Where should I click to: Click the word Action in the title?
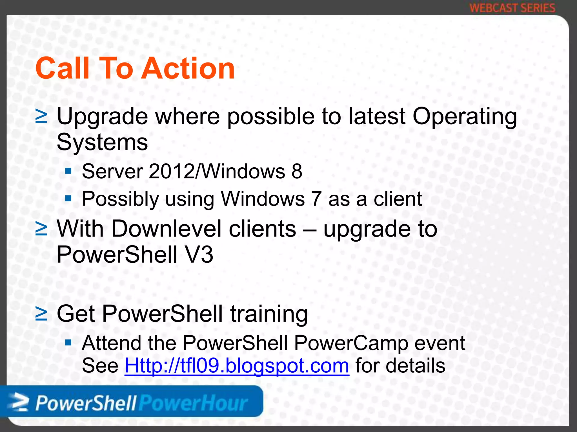pyautogui.click(x=188, y=68)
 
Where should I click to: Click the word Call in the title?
pyautogui.click(x=63, y=68)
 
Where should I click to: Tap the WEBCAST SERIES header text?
pyautogui.click(x=512, y=8)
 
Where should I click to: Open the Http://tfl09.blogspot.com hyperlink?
pyautogui.click(x=237, y=366)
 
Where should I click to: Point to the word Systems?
pyautogui.click(x=102, y=142)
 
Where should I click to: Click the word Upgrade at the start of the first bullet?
pyautogui.click(x=102, y=117)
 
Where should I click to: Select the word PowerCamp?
pyautogui.click(x=351, y=343)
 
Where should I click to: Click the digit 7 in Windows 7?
pyautogui.click(x=316, y=199)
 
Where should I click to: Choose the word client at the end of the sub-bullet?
pyautogui.click(x=398, y=199)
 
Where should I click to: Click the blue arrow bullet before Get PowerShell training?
pyautogui.click(x=41, y=314)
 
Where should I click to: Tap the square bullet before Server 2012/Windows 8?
pyautogui.click(x=68, y=171)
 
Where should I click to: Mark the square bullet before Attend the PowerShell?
pyautogui.click(x=68, y=343)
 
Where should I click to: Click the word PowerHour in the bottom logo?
pyautogui.click(x=193, y=403)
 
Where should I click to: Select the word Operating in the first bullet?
pyautogui.click(x=465, y=117)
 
